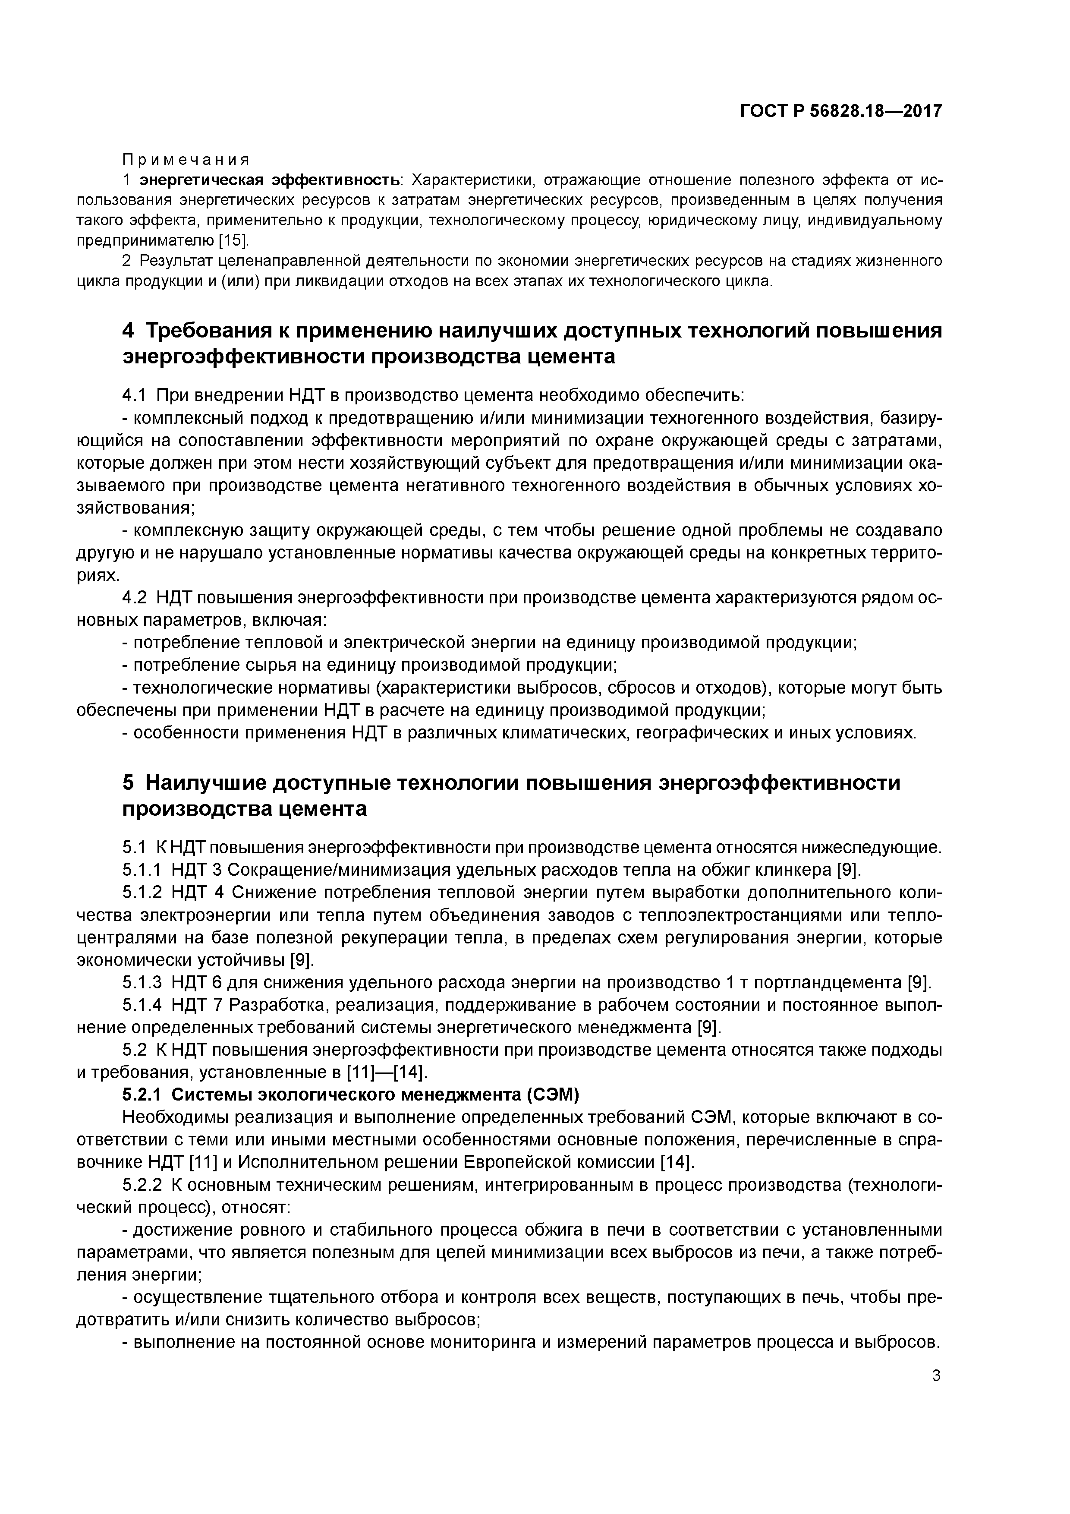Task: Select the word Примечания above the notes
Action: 186,160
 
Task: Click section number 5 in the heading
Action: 129,783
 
